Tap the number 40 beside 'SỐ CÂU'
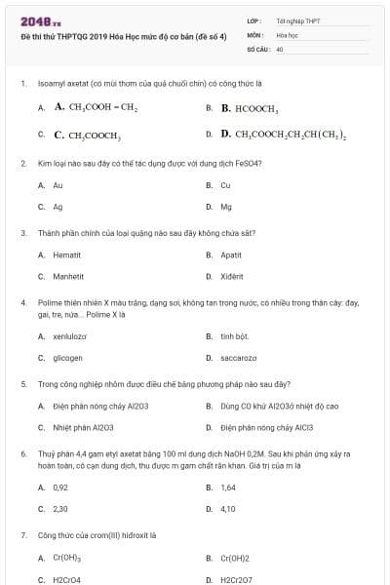tap(280, 48)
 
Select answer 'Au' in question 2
tap(58, 184)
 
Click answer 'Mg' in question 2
tap(225, 207)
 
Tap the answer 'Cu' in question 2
tap(225, 184)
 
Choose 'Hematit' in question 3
tap(66, 254)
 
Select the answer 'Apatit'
tap(230, 254)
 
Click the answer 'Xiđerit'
tap(232, 277)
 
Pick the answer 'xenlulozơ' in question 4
tap(69, 335)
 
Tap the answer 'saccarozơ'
tap(238, 358)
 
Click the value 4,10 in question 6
tap(227, 509)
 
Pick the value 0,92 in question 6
tap(60, 487)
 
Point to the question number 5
tap(22, 384)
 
